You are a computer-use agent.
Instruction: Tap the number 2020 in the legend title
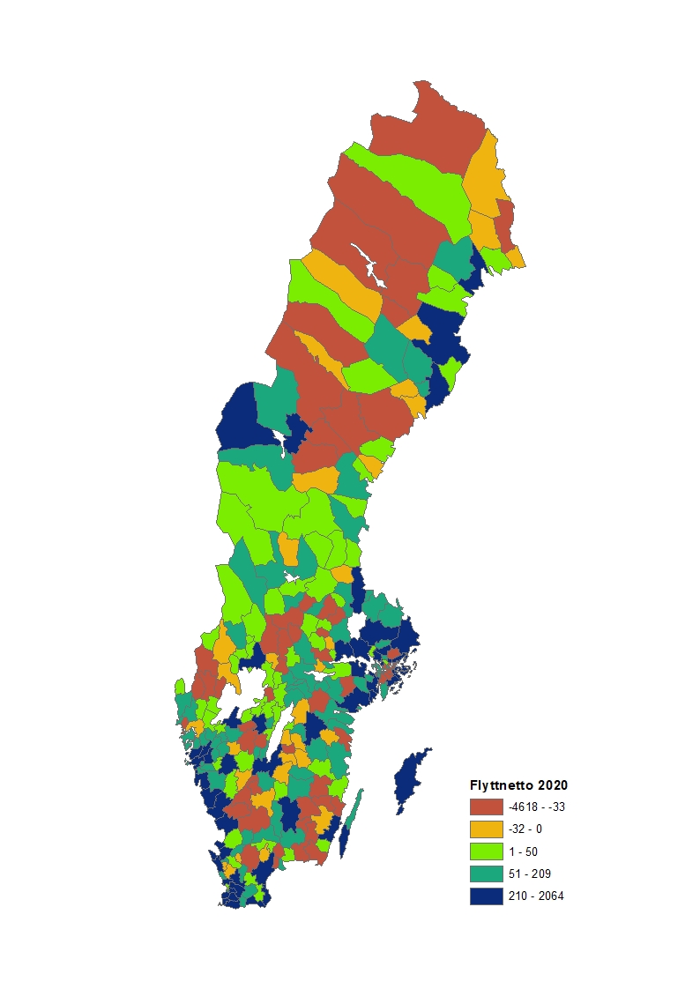[x=552, y=785]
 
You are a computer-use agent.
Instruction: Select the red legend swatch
[x=486, y=807]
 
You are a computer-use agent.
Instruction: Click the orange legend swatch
[x=486, y=829]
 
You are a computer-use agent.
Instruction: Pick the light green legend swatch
[x=486, y=851]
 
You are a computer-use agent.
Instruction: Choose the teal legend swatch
[x=486, y=874]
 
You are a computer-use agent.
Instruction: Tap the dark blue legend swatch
[x=486, y=896]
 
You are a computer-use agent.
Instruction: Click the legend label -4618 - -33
[x=537, y=807]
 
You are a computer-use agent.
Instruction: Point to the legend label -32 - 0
[x=526, y=829]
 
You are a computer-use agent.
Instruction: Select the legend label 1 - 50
[x=523, y=851]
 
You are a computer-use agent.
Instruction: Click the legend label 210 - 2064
[x=536, y=896]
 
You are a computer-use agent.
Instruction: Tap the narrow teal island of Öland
[x=352, y=820]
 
